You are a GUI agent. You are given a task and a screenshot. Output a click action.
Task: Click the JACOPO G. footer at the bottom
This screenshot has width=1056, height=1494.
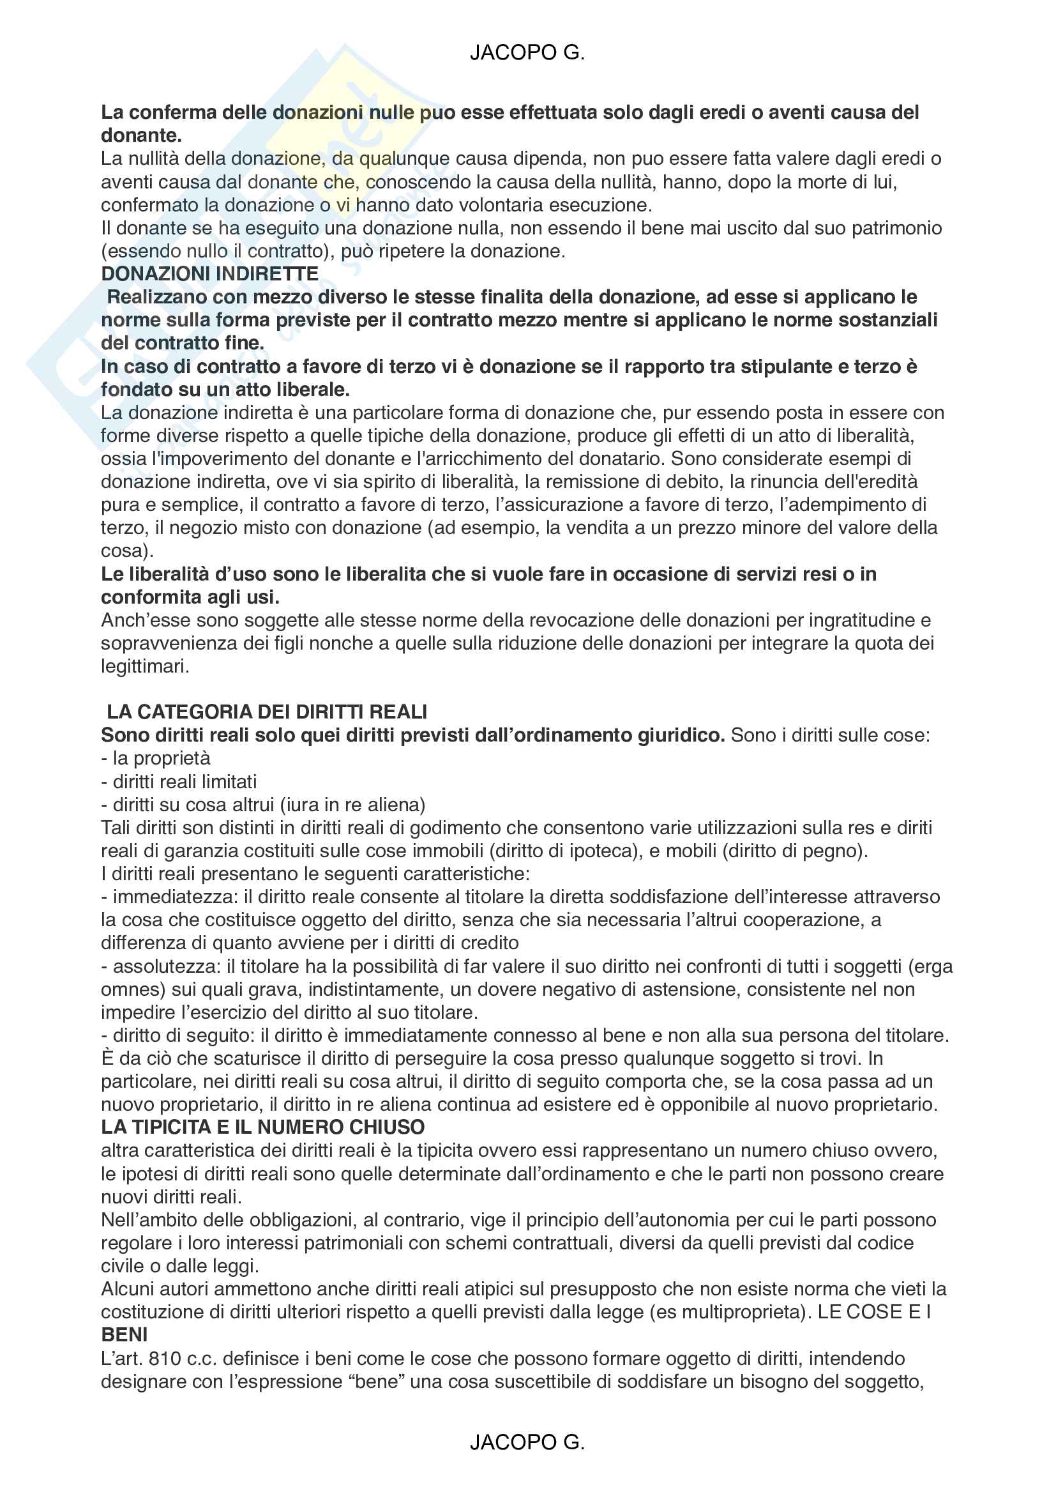[x=527, y=1442]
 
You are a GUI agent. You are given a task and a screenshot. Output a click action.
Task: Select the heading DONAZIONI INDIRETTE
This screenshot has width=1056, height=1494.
[x=210, y=274]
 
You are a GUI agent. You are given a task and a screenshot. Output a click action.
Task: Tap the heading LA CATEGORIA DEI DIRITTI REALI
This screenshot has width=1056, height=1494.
[x=267, y=712]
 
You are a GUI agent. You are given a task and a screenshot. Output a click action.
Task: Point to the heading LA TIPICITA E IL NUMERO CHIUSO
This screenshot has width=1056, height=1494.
[x=262, y=1127]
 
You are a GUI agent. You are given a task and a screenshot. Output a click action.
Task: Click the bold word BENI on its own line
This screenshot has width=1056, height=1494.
[x=124, y=1334]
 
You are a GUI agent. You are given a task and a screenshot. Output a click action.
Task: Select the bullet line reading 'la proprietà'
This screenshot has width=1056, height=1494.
[x=155, y=758]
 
